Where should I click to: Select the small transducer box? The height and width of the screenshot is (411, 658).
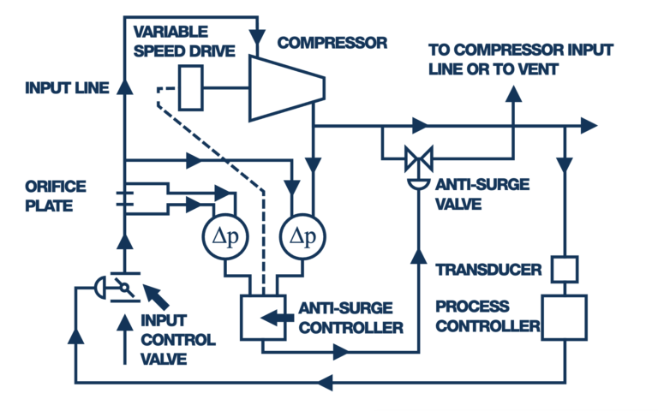coord(563,269)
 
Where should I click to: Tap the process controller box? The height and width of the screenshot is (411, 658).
coord(563,317)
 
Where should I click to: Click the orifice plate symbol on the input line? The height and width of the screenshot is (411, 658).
coord(125,199)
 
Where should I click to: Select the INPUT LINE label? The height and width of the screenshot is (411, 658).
coord(67,87)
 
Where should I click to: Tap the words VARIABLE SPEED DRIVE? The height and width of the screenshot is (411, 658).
coord(183,41)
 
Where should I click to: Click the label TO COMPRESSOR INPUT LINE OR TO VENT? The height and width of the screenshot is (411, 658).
coord(521,59)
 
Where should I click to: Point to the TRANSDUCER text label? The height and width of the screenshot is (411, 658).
coord(488,271)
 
